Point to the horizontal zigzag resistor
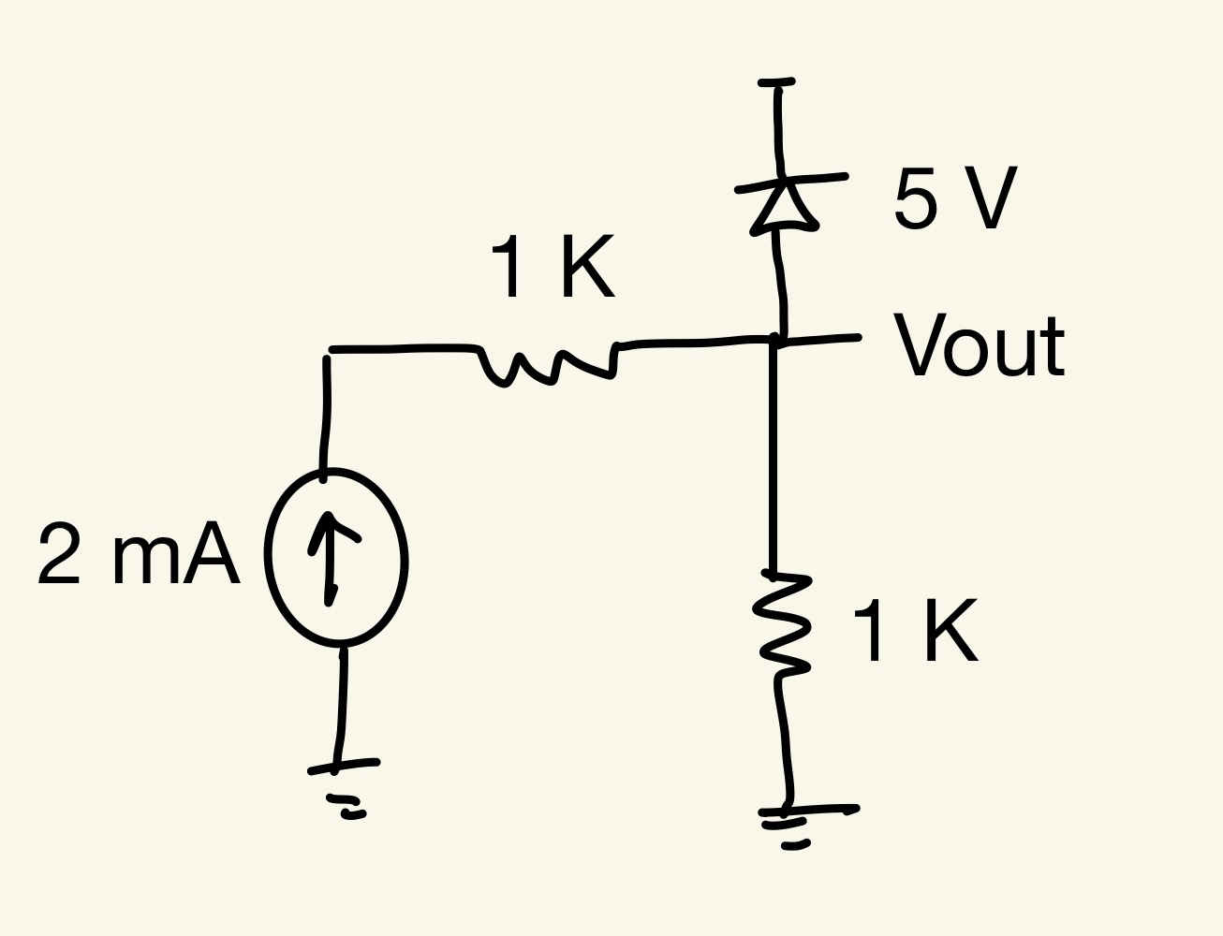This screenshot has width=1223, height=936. point(548,364)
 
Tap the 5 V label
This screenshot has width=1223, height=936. point(955,198)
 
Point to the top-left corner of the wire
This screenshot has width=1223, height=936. point(329,352)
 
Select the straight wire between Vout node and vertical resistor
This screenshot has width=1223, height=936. point(774,459)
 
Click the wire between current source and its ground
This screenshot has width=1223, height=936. point(342,702)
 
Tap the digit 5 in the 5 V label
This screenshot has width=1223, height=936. point(916,198)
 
